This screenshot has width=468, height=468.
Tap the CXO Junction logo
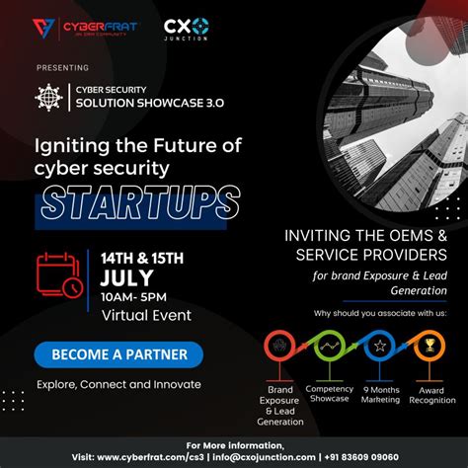[186, 29]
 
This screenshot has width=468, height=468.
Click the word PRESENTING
[62, 68]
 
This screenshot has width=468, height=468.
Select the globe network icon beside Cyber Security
[48, 97]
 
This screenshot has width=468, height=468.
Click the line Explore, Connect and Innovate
[117, 383]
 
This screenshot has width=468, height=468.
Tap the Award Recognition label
[431, 395]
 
